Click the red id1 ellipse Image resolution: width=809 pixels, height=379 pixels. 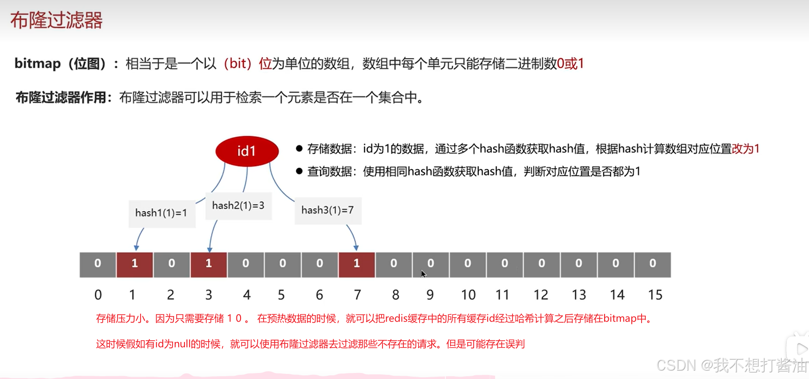[x=247, y=151]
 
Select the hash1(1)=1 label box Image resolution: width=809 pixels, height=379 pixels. [x=161, y=213]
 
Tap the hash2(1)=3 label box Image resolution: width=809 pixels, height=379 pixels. [x=238, y=206]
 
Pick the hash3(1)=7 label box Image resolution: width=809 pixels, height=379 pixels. [x=327, y=210]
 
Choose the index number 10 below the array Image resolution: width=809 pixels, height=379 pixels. [x=468, y=295]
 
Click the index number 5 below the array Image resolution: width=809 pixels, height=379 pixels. [x=281, y=295]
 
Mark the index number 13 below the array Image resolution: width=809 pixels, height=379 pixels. [x=579, y=295]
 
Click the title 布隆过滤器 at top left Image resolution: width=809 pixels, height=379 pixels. [x=56, y=21]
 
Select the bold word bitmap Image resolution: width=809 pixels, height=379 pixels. [x=37, y=63]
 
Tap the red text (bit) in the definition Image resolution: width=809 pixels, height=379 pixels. [x=237, y=63]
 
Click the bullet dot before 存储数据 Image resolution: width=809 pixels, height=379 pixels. [x=299, y=148]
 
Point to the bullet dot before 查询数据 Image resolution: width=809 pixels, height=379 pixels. [x=299, y=171]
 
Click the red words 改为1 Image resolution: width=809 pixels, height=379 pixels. [x=746, y=149]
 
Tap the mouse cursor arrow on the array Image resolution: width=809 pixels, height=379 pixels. [x=423, y=274]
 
